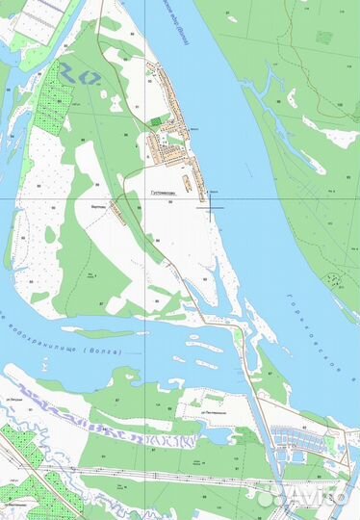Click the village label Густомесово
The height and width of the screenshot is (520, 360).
tap(166, 192)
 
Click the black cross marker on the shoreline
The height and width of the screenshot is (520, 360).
tap(212, 206)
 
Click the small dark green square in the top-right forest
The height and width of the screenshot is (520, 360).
tap(323, 38)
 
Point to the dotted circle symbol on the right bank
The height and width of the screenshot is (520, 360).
tap(332, 282)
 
